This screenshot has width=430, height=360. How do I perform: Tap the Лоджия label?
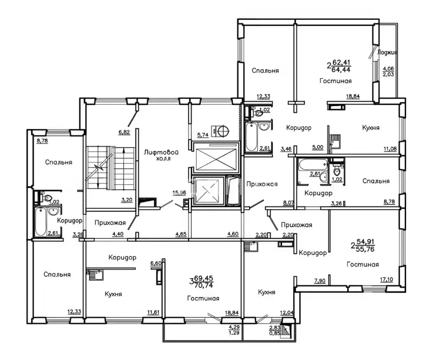tap(387, 52)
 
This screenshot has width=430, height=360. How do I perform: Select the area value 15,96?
tap(179, 192)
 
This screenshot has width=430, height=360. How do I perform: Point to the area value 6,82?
tap(124, 133)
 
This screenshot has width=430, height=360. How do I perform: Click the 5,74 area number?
tap(203, 135)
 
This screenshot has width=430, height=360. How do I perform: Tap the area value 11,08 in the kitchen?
tap(390, 149)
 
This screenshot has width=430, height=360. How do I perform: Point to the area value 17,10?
tap(386, 280)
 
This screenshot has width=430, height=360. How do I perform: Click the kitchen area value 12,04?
tap(287, 313)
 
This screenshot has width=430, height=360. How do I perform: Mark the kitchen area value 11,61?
tap(153, 312)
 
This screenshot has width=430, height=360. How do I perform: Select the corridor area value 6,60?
tap(156, 264)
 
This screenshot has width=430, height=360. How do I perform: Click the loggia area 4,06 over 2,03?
tap(388, 72)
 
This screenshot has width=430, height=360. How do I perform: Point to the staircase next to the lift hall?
tap(111, 168)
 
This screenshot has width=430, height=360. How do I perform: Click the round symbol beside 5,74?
tap(223, 131)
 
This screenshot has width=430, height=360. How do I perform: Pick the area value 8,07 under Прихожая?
tap(289, 203)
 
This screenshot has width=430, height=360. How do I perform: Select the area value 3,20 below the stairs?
tap(127, 200)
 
